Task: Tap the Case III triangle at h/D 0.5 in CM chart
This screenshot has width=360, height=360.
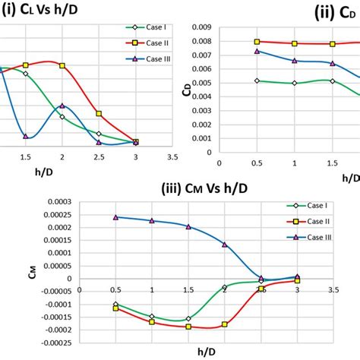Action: [x=115, y=217]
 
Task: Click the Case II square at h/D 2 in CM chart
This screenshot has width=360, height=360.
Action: [x=225, y=324]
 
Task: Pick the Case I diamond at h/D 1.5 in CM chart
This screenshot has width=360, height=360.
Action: [x=188, y=319]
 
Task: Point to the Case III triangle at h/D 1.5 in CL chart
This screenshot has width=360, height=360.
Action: [x=26, y=136]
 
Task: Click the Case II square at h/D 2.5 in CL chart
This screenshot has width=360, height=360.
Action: [x=99, y=114]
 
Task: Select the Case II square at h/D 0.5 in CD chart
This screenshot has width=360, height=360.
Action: [x=257, y=42]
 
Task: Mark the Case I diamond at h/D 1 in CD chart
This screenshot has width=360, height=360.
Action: [x=294, y=84]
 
